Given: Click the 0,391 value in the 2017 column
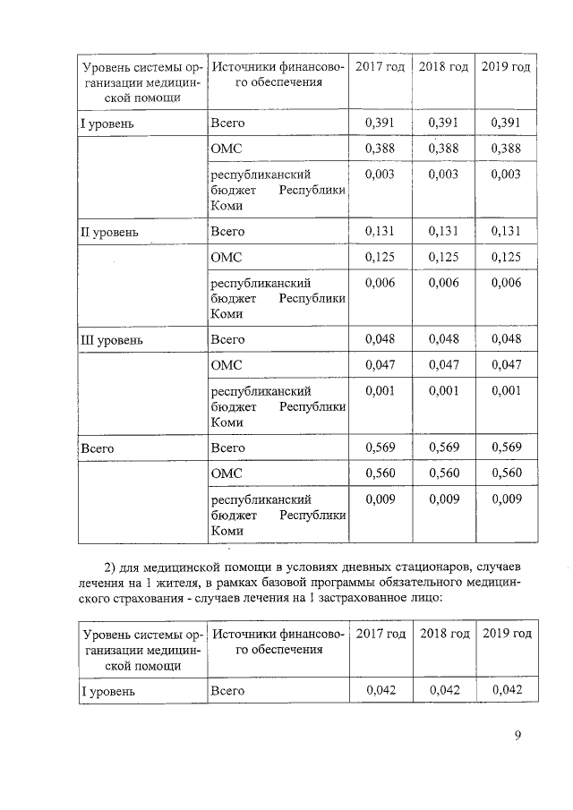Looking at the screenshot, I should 381,123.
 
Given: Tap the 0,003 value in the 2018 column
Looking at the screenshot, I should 443,174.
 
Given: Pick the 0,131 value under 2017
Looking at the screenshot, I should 381,231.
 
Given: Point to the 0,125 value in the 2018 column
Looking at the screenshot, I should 443,258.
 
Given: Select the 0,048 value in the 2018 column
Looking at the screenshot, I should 443,339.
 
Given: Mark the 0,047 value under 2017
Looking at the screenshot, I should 381,365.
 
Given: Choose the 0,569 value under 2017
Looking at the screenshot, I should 381,447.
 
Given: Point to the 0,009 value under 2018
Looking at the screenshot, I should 443,499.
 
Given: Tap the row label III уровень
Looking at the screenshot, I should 111,340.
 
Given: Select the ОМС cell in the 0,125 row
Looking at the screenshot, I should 226,259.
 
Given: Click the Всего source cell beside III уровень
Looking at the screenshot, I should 227,340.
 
